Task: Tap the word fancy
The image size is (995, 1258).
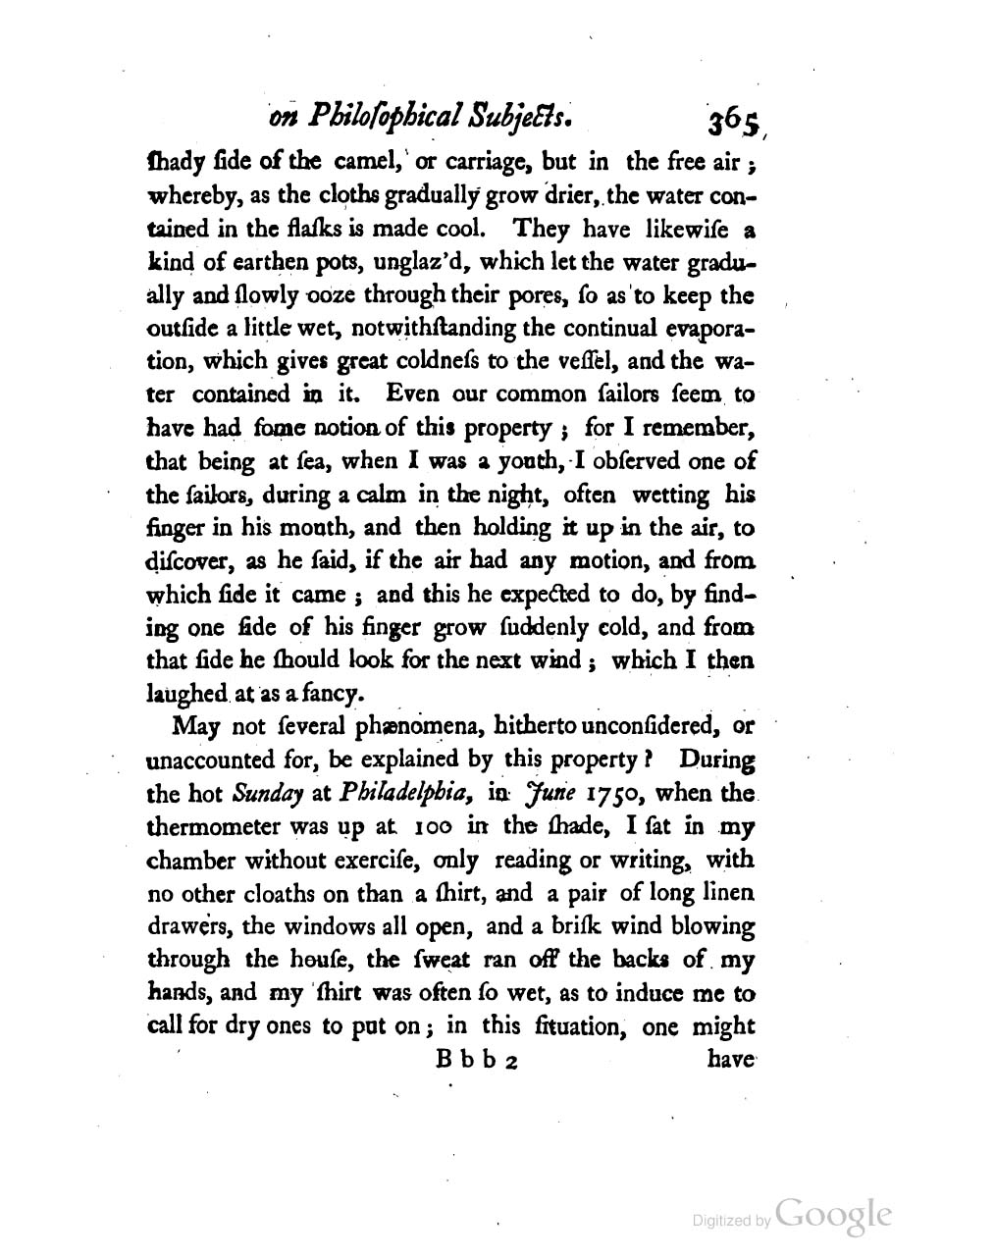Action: pos(333,694)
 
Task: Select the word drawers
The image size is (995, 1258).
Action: pos(187,927)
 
